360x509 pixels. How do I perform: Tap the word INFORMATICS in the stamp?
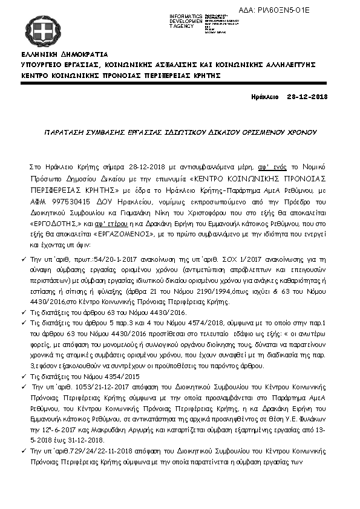pyautogui.click(x=185, y=15)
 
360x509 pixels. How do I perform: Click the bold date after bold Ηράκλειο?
pyautogui.click(x=307, y=97)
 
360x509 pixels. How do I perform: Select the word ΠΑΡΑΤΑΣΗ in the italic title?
pyautogui.click(x=67, y=131)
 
